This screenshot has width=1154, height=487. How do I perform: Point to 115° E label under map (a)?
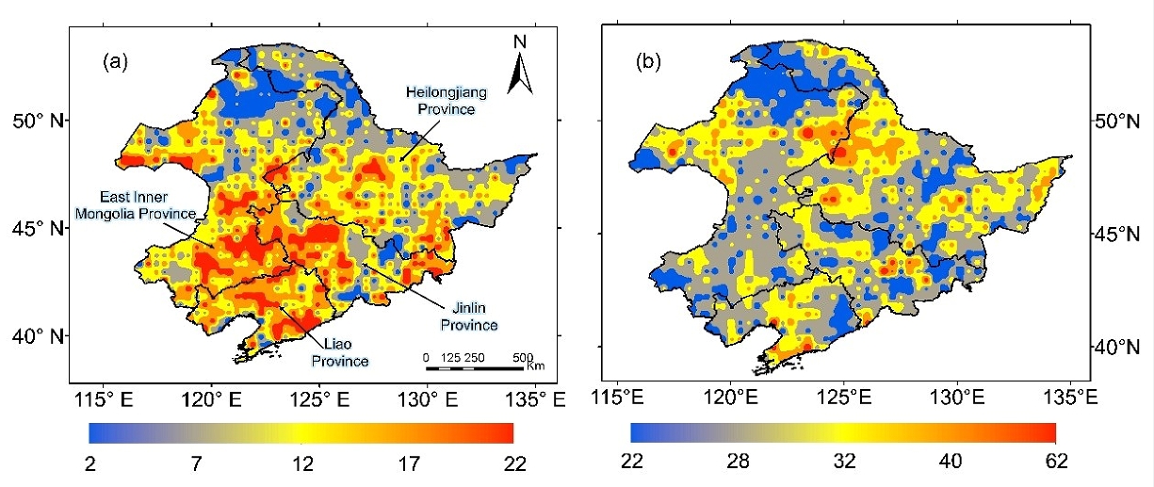[x=99, y=399]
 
